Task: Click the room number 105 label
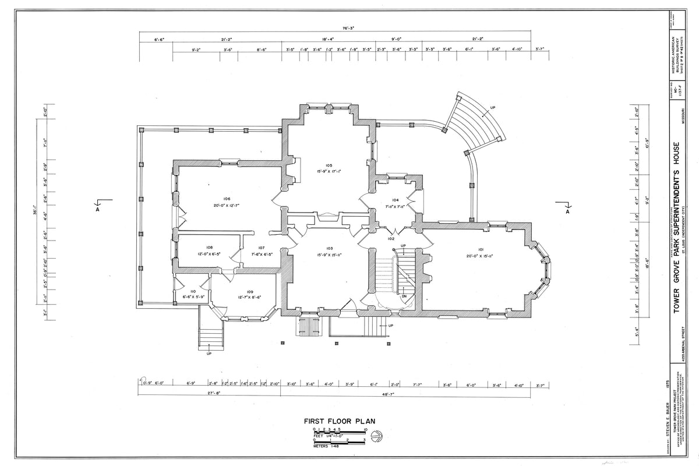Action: (329, 165)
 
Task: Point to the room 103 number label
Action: (329, 248)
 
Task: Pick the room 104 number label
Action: (395, 200)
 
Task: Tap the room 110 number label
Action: (192, 291)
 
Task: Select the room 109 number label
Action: (249, 291)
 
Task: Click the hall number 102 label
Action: (391, 238)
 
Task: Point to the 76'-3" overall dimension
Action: (349, 27)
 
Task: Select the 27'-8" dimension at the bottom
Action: (209, 394)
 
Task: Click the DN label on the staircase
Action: (404, 296)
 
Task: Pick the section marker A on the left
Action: (98, 211)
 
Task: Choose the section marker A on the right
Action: (567, 211)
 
